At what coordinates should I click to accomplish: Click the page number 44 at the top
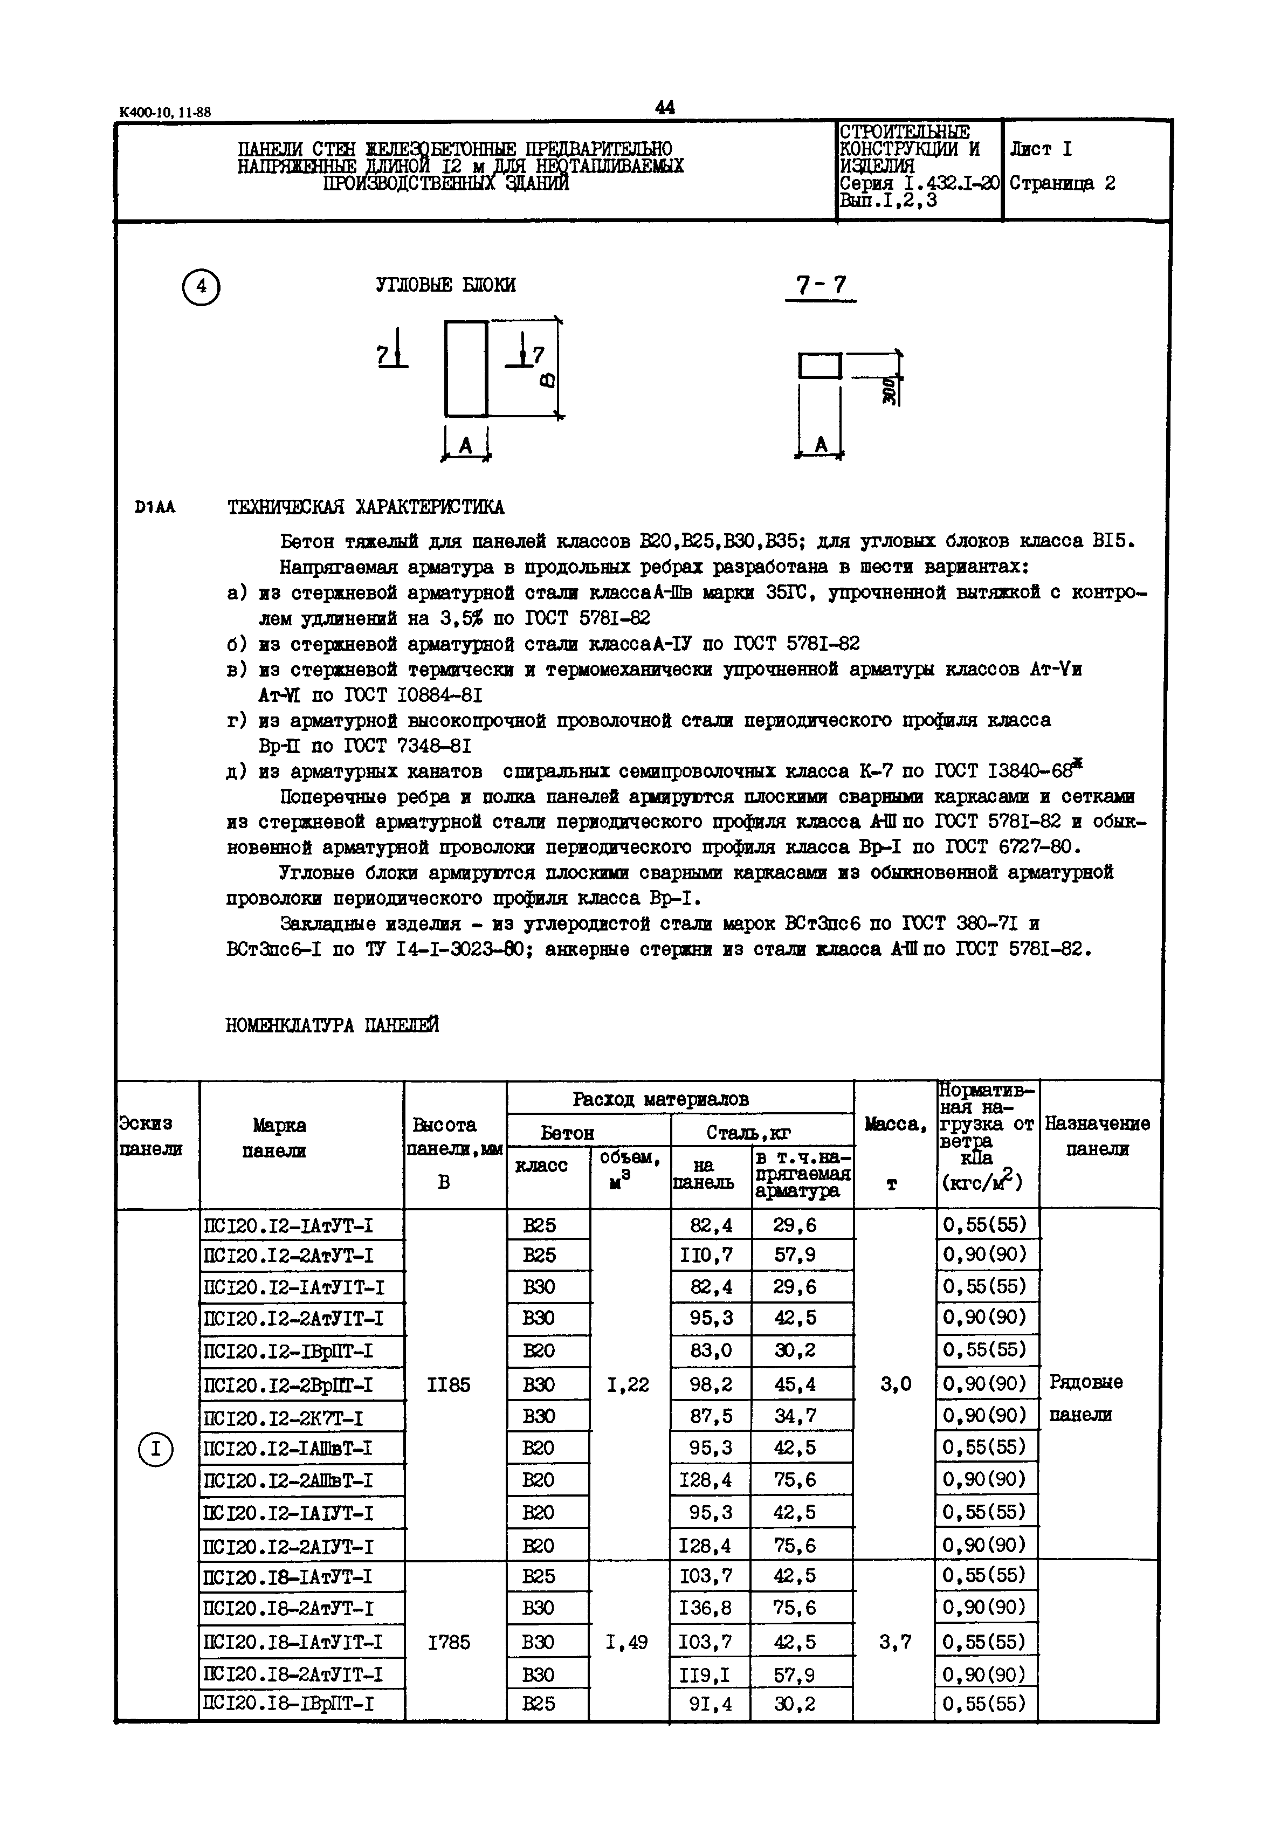tap(664, 107)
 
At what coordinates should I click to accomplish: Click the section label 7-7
tap(821, 286)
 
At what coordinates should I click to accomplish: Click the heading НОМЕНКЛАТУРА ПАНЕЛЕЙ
tap(332, 1025)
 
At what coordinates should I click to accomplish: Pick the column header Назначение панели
tap(1098, 1136)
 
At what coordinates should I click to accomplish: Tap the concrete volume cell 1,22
tap(628, 1386)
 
